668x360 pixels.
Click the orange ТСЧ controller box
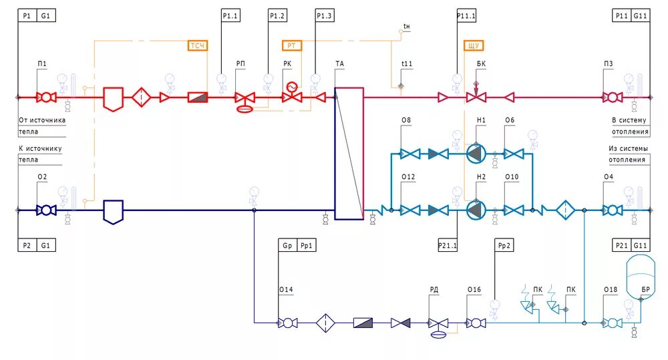(x=198, y=45)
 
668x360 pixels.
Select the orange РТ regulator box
(x=291, y=45)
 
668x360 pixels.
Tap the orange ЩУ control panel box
(x=473, y=45)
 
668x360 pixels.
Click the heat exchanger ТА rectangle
(x=349, y=154)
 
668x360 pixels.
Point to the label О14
(x=286, y=290)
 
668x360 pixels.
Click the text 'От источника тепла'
(x=41, y=126)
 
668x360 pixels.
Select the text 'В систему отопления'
(x=629, y=126)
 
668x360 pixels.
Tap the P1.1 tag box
(x=230, y=15)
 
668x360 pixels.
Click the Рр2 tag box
(x=504, y=245)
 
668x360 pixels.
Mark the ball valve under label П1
(x=46, y=98)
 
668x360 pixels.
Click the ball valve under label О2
(x=46, y=210)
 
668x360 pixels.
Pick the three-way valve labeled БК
(x=476, y=98)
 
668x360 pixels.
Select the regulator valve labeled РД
(x=438, y=323)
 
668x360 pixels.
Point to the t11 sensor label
(x=407, y=64)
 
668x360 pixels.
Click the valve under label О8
(x=407, y=154)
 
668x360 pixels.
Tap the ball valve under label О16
(x=476, y=323)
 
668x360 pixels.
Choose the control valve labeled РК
(x=292, y=97)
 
